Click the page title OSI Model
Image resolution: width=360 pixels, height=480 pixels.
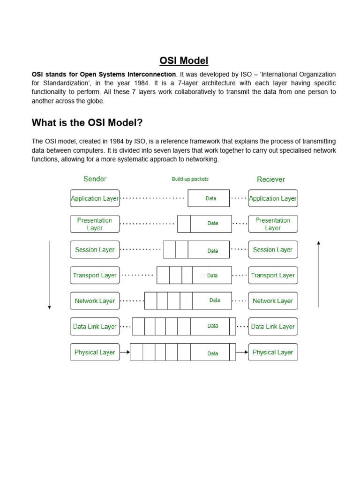point(184,60)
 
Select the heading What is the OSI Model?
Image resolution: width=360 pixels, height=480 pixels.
point(87,123)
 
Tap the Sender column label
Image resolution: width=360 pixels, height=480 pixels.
point(95,179)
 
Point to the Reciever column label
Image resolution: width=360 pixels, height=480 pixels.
point(270,179)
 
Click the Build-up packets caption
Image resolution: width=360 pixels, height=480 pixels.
point(190,179)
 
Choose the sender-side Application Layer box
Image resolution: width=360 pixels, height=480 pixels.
point(95,198)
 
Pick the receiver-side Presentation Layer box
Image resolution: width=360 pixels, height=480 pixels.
point(272,224)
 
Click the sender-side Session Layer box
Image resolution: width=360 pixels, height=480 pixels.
point(95,250)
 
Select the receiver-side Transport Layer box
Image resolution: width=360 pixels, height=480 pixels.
point(272,275)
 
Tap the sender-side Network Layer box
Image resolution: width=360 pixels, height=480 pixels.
point(95,301)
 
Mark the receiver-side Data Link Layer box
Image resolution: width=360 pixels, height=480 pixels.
point(272,327)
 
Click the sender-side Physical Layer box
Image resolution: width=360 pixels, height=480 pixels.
point(95,352)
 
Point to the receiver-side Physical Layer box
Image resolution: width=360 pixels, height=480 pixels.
point(272,352)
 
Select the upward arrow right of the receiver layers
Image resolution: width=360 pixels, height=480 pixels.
point(318,274)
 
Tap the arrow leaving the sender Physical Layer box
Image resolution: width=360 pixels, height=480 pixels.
point(125,352)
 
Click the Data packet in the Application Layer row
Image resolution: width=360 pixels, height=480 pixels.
point(209,198)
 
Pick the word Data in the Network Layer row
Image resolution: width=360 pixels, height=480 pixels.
point(215,300)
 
